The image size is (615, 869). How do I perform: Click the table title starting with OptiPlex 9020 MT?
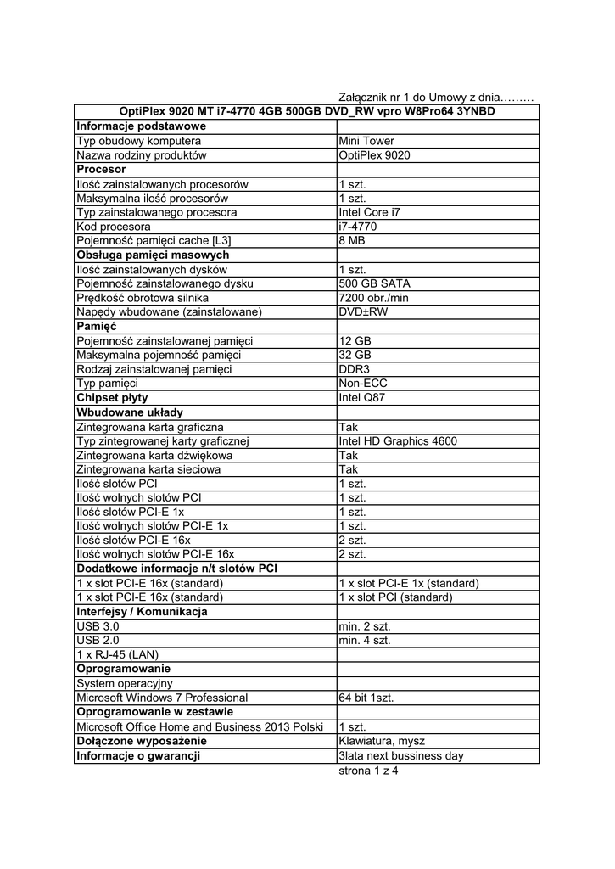tap(307, 112)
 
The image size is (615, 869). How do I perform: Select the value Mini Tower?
tap(366, 141)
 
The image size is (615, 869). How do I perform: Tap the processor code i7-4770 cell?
tap(357, 227)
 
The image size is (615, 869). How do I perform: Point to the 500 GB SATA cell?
tap(373, 283)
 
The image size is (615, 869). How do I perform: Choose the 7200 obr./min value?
tap(373, 298)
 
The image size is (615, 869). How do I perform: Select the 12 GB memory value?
tap(355, 341)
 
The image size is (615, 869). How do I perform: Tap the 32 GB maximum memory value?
tap(355, 355)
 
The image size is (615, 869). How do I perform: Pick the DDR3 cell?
tap(354, 369)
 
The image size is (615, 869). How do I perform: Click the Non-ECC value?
tap(364, 384)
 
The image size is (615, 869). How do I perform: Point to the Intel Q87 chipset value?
tap(361, 398)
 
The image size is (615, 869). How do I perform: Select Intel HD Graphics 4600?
tap(397, 440)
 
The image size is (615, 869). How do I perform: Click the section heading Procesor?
tap(101, 170)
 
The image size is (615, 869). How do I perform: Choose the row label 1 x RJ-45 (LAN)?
tap(117, 654)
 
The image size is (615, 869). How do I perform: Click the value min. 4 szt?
tap(365, 641)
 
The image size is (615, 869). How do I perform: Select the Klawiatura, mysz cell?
tap(382, 741)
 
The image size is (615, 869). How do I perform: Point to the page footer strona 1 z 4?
tap(368, 771)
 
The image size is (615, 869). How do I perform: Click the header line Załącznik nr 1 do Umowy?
tap(435, 98)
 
